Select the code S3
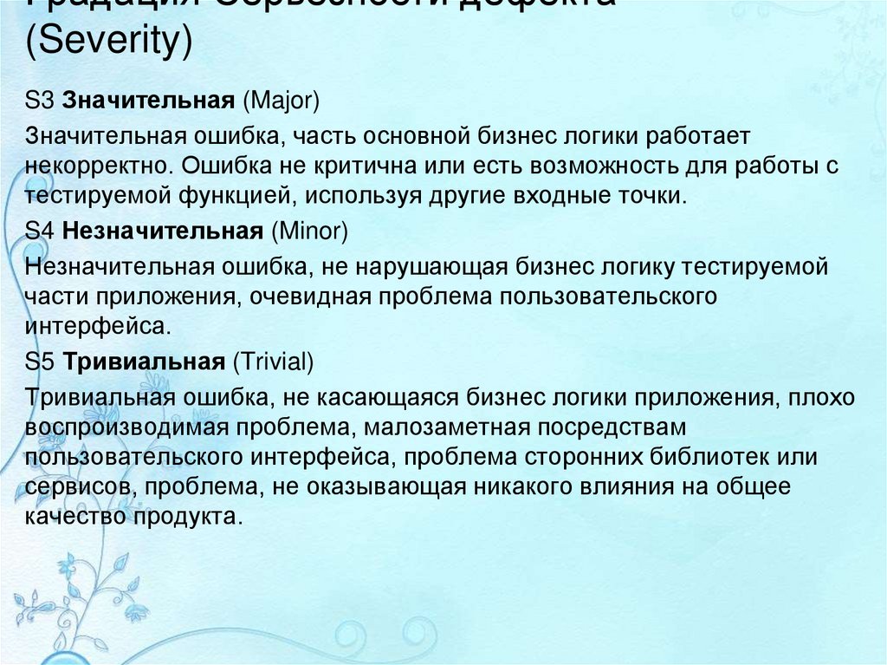pos(40,101)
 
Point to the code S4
pos(40,232)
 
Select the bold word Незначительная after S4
pos(163,232)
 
